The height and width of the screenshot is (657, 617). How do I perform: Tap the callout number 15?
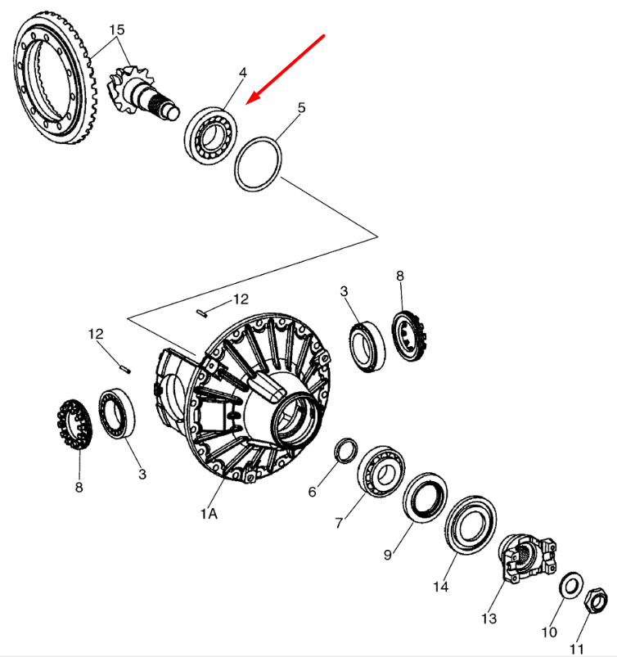[117, 29]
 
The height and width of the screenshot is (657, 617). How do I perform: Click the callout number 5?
[301, 108]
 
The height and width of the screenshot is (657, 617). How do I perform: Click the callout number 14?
[442, 586]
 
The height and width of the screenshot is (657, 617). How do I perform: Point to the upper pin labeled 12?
[205, 311]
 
